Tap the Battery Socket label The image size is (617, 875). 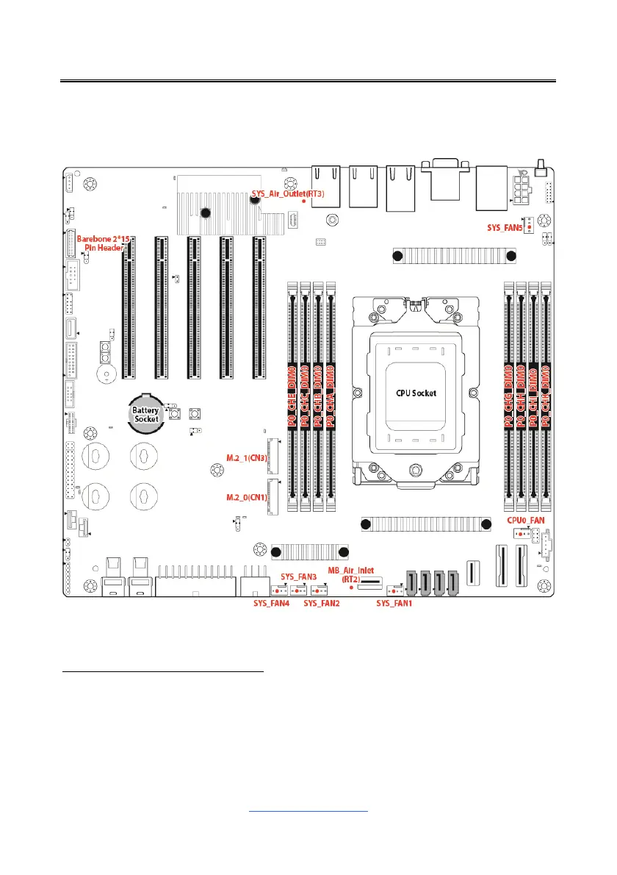146,414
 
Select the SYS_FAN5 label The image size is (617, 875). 504,229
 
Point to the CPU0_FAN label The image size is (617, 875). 525,520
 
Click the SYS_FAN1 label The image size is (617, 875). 394,604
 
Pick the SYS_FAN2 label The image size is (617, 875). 321,604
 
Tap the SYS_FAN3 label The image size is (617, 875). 298,576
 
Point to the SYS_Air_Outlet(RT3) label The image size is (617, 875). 287,193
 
